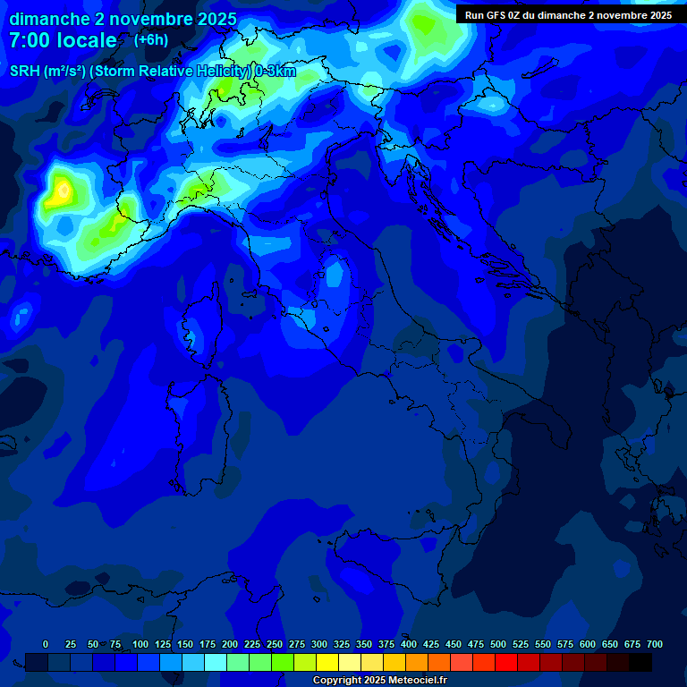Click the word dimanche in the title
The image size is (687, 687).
coord(49,19)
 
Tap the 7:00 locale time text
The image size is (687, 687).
coord(63,40)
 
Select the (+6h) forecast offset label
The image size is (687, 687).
coord(150,40)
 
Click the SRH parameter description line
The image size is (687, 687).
coord(152,72)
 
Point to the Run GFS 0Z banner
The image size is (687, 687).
coord(568,15)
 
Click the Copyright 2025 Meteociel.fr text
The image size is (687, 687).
coord(379,680)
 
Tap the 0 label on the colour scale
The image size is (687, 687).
coord(46,644)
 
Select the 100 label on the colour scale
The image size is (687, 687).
coord(140,644)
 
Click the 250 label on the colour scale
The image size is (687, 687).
coord(275,644)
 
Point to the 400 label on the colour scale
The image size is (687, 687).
coord(409,644)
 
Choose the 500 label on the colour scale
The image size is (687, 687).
coord(498,644)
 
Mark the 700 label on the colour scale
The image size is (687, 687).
coord(655,644)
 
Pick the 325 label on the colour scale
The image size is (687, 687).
coord(342,644)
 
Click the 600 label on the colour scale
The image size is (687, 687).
coord(588,644)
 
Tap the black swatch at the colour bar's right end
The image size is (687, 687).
coord(640,662)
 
